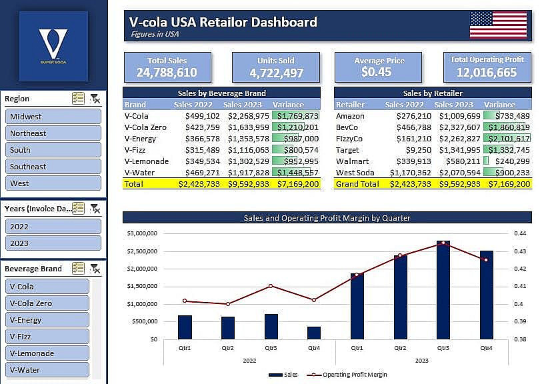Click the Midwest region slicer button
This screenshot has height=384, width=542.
tap(54, 117)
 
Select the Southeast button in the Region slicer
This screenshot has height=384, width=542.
tap(54, 167)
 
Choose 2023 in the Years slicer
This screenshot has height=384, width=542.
tap(54, 243)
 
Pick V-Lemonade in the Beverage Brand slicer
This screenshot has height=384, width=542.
tap(49, 353)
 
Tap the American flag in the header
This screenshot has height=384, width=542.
tap(498, 25)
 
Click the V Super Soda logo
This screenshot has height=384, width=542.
tap(53, 46)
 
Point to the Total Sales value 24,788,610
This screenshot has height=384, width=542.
tap(167, 73)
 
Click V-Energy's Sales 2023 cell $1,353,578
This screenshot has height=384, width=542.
tap(248, 139)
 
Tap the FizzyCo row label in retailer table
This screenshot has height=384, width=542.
tap(349, 139)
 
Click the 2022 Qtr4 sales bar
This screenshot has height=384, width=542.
tap(314, 333)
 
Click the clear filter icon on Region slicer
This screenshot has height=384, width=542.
tap(95, 99)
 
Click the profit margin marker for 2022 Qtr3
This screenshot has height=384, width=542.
tap(271, 286)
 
